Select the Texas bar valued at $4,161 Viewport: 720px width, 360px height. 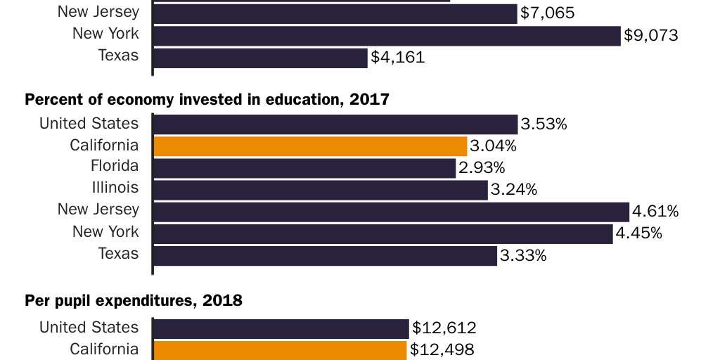point(260,58)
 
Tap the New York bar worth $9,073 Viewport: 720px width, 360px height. point(387,36)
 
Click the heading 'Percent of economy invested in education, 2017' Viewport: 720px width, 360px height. point(207,100)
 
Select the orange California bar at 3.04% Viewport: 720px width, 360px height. point(310,146)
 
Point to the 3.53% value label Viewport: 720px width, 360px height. point(544,124)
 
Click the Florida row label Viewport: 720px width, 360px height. point(115,167)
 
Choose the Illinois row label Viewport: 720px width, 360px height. point(116,188)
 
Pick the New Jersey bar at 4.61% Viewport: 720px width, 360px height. point(391,212)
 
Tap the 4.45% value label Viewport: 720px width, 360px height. point(639,233)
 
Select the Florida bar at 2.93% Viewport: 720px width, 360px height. point(304,168)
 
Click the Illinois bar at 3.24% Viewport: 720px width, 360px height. point(320,190)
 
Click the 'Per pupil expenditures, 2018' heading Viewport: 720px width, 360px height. point(134,302)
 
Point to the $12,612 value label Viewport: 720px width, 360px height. point(444,328)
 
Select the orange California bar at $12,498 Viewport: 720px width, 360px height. point(280,350)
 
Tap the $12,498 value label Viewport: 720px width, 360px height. point(442,349)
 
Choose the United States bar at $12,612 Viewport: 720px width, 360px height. point(281,328)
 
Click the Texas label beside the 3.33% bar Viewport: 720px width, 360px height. point(119,254)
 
